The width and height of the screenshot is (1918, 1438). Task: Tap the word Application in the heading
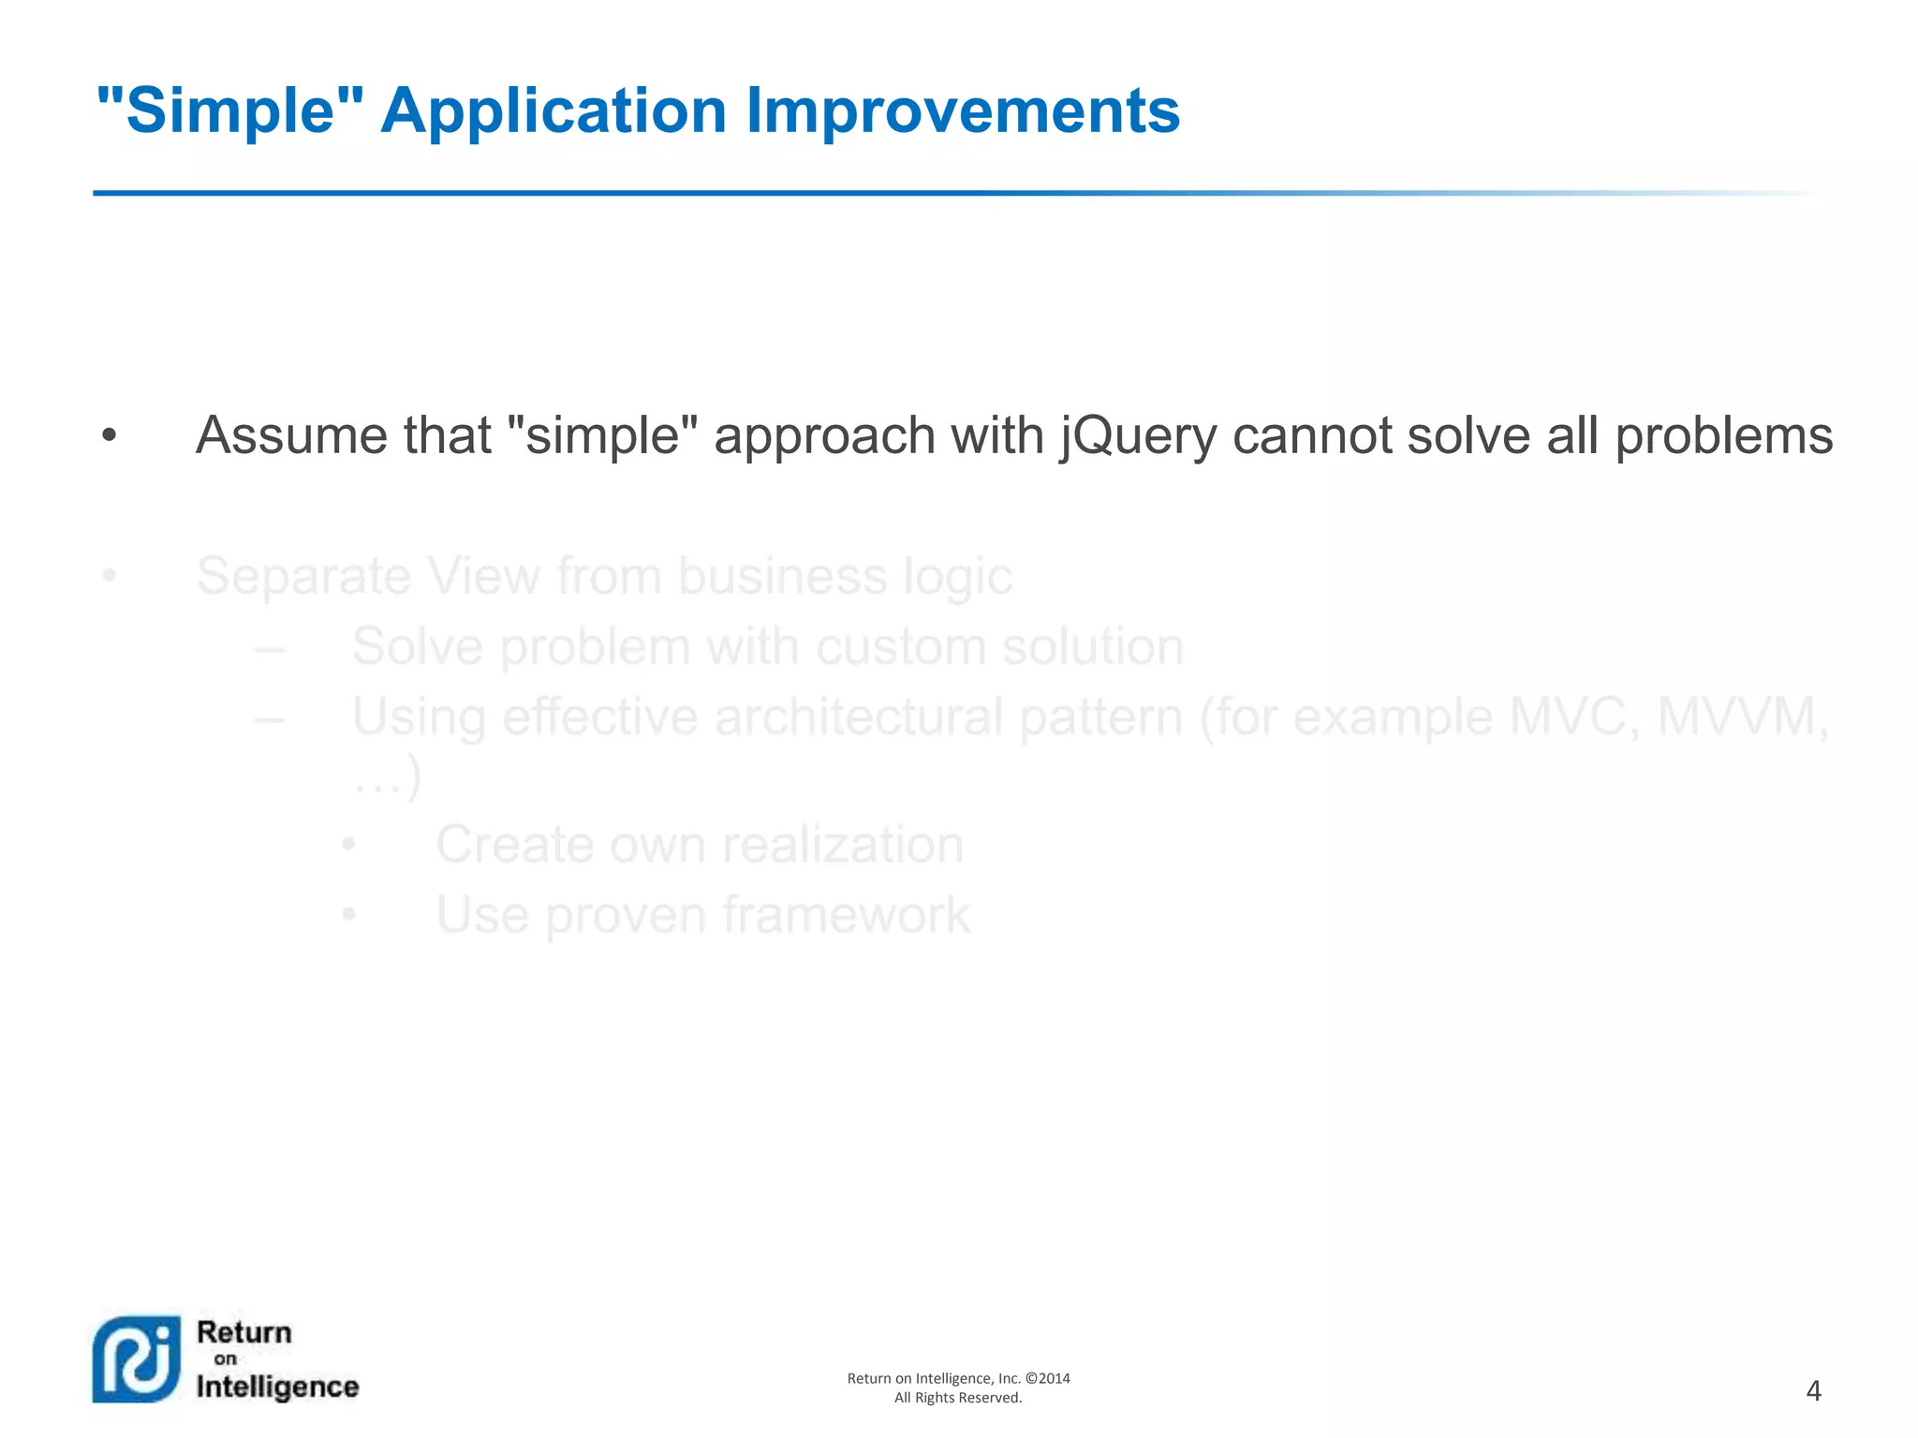(553, 111)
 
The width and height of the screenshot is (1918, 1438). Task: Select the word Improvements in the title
(962, 111)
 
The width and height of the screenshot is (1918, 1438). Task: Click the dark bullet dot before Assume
(110, 436)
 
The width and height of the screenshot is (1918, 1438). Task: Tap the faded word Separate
(303, 577)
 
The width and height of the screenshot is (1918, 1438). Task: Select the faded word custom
(889, 647)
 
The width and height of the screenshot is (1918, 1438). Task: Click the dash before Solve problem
(270, 647)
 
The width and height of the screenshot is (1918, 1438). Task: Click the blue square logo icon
(137, 1359)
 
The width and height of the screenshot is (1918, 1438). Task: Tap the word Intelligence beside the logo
(277, 1387)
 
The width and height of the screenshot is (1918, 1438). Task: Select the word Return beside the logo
(244, 1332)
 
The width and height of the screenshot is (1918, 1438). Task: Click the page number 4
(1813, 1391)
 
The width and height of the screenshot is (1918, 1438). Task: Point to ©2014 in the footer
(1048, 1378)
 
